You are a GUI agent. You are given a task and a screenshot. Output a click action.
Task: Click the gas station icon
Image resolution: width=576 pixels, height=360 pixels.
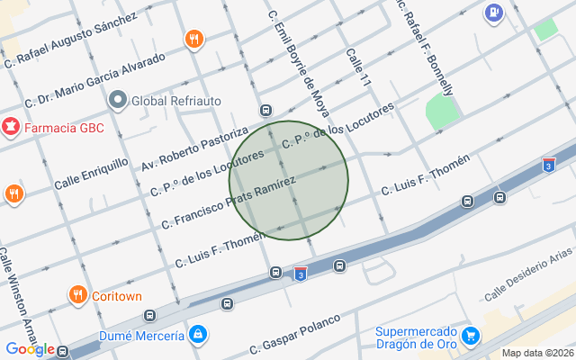click(494, 13)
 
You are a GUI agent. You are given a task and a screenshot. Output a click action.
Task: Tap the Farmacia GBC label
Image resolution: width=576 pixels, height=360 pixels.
click(64, 128)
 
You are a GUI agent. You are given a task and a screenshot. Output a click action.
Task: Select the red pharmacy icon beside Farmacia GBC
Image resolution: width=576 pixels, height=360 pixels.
click(11, 127)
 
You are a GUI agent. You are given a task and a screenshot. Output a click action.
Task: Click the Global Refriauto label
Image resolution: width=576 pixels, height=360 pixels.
click(176, 100)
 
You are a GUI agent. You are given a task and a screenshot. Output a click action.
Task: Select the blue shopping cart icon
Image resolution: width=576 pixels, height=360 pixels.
click(469, 337)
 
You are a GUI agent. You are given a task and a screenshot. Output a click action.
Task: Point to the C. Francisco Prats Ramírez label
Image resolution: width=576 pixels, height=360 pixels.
click(229, 202)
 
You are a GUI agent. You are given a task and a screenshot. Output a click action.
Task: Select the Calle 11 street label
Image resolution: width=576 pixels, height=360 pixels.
click(358, 67)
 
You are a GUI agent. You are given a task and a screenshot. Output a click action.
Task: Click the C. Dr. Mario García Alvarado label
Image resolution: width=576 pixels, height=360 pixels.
click(95, 79)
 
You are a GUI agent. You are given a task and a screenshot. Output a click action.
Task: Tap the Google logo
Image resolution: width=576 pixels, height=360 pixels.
click(29, 349)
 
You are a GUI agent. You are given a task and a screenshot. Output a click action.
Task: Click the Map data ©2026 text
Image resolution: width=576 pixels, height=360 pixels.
click(535, 353)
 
